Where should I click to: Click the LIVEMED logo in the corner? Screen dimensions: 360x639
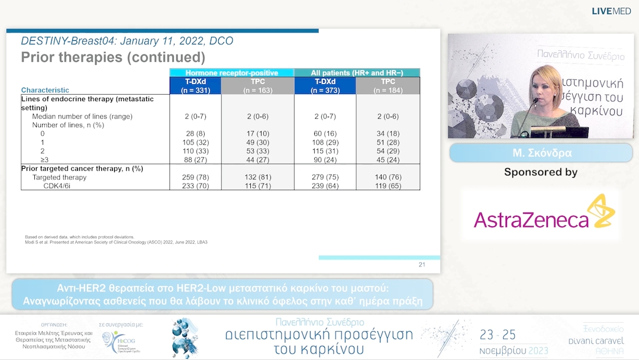pos(612,11)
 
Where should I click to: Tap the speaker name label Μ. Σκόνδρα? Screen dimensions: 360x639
pos(540,153)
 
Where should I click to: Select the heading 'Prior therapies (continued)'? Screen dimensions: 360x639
pos(113,57)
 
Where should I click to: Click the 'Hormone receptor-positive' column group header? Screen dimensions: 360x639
pos(231,73)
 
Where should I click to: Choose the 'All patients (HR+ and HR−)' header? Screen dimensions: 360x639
pos(357,73)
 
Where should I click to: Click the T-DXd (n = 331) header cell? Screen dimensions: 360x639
pos(195,86)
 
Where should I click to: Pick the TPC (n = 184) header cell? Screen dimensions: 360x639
pos(388,86)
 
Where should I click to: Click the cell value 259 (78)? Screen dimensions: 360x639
pos(195,177)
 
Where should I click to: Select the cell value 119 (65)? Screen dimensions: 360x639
pos(388,185)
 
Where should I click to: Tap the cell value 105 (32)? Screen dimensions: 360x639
pos(195,142)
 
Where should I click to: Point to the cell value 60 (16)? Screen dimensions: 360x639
pos(325,134)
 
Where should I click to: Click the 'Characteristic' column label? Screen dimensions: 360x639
pos(45,90)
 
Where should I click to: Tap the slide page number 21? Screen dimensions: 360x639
pos(422,265)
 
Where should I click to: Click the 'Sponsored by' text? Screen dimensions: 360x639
pos(540,172)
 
